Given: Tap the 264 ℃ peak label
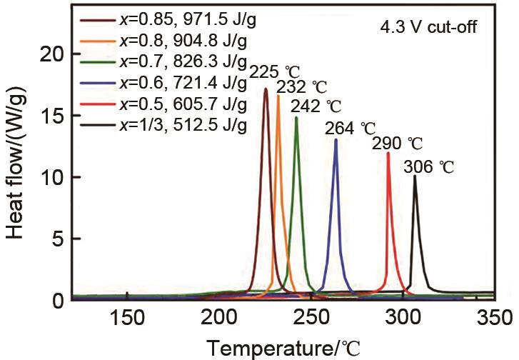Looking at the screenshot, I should click(350, 129).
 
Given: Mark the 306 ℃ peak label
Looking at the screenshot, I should click(428, 169).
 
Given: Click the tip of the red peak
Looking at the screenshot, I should click(388, 153).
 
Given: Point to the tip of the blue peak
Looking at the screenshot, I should click(336, 140).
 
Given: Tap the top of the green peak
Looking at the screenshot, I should click(296, 118).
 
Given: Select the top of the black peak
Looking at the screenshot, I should click(415, 176).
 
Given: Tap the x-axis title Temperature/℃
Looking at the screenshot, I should click(285, 348).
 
